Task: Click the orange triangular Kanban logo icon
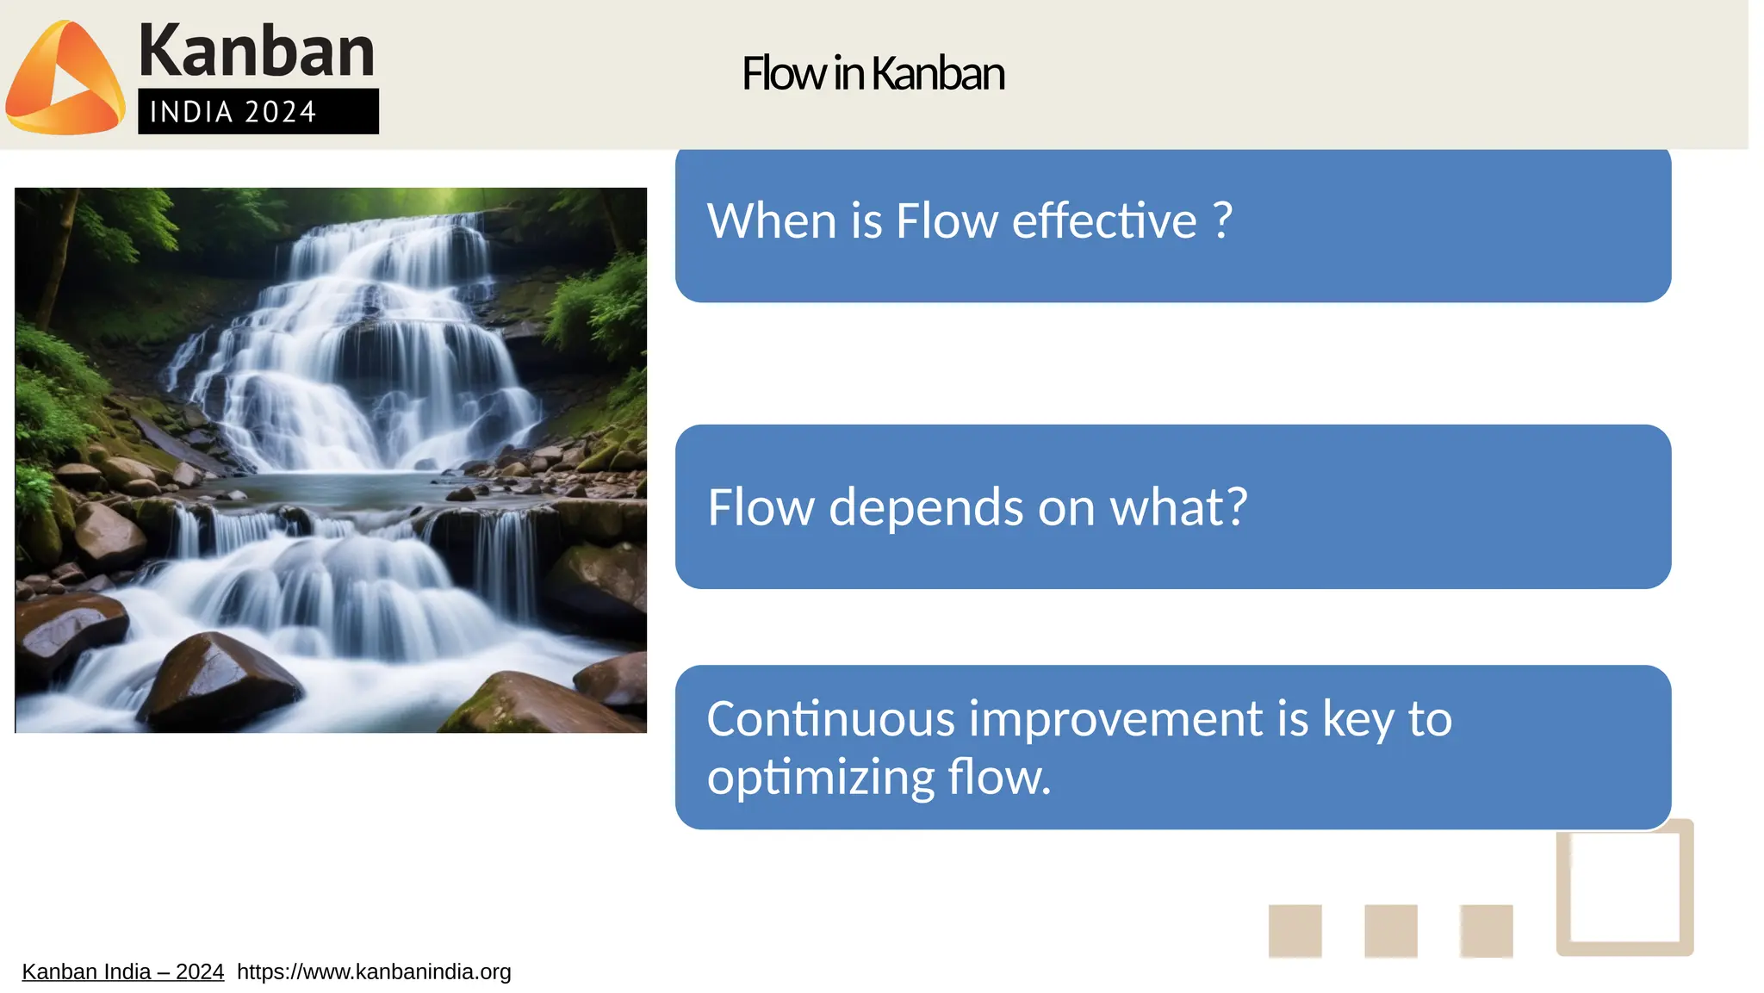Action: [65, 79]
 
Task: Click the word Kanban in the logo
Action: [256, 52]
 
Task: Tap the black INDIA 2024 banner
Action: [258, 112]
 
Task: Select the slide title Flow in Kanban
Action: [873, 73]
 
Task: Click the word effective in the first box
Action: [1104, 221]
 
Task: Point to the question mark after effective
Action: [1222, 220]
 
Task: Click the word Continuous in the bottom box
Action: [830, 719]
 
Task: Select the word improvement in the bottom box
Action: [1115, 719]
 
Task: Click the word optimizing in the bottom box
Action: [820, 778]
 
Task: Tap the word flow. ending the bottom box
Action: [999, 778]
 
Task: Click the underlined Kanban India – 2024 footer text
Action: [122, 972]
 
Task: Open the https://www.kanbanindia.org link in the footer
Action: [374, 972]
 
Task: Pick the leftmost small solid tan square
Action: [1295, 931]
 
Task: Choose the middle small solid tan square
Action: [1390, 931]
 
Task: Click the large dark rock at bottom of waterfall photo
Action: [220, 680]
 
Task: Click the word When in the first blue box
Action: [772, 221]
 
